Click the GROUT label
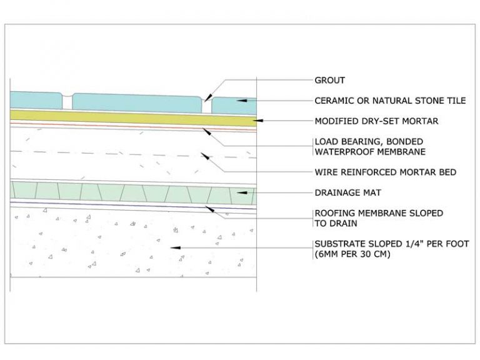[x=330, y=80]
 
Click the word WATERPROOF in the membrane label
[x=344, y=151]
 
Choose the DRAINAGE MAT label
[x=347, y=192]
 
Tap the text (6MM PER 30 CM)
[x=352, y=254]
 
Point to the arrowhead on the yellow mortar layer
[x=259, y=121]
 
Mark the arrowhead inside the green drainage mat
[x=242, y=192]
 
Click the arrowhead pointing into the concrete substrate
[x=176, y=247]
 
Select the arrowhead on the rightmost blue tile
[x=242, y=101]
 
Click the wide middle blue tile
[x=137, y=103]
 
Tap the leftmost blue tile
[x=36, y=100]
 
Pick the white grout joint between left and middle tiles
[x=67, y=102]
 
